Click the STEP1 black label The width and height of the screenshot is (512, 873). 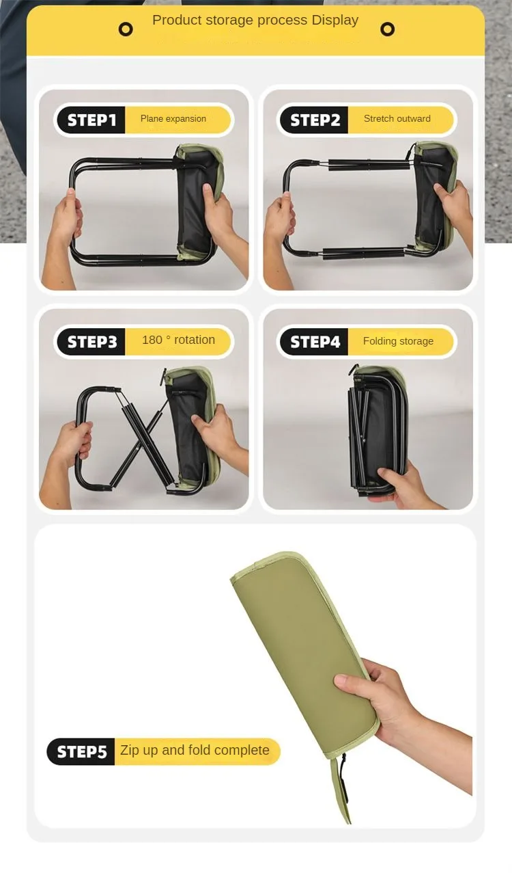91,120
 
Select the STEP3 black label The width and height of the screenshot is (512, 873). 91,341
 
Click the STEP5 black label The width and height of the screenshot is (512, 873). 81,751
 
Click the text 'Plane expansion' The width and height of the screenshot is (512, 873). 173,118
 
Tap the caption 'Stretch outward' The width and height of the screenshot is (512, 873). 397,118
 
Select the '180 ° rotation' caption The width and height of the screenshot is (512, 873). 178,340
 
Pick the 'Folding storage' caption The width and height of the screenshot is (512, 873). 398,341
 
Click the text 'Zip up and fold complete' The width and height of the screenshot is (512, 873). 195,750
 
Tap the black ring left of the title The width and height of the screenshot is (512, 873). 126,29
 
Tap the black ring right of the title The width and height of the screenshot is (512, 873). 387,29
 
